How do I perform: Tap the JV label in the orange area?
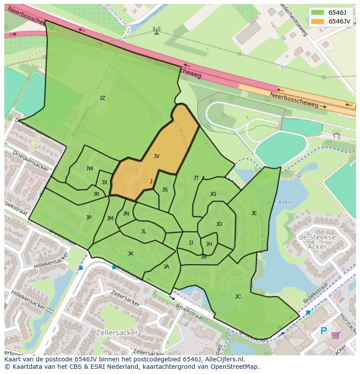[x=157, y=156]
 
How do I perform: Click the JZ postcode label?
[x=102, y=98]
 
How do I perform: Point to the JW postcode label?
[x=90, y=169]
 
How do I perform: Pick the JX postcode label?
[x=104, y=182]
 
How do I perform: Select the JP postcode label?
[x=89, y=218]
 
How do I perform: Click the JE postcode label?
[x=254, y=213]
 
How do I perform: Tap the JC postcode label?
[x=238, y=297]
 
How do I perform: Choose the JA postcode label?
[x=166, y=267]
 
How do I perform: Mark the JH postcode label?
[x=209, y=244]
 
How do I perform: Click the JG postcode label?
[x=213, y=194]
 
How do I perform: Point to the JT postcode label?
[x=196, y=178]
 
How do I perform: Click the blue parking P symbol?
[x=323, y=331]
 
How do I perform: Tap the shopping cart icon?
[x=336, y=334]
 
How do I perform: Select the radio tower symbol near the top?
[x=157, y=30]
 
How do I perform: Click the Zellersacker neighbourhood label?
[x=119, y=333]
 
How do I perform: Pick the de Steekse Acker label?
[x=317, y=242]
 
